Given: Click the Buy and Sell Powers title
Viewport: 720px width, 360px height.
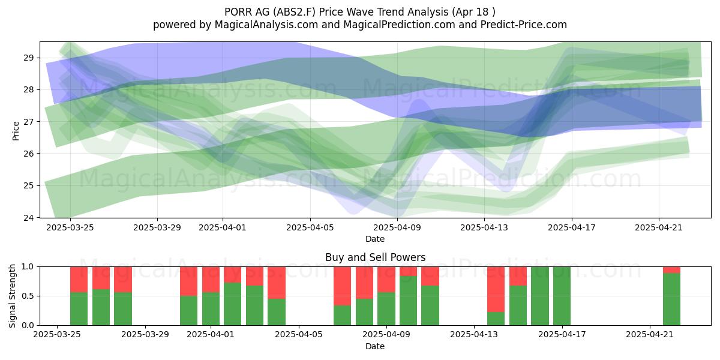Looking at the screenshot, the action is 375,257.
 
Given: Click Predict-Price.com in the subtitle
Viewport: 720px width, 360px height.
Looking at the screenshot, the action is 524,25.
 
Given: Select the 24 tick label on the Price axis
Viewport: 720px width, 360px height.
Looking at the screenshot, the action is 28,218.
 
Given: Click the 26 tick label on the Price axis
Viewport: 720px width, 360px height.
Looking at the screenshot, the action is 28,154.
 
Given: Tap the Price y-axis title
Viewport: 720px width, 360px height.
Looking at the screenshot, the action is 16,131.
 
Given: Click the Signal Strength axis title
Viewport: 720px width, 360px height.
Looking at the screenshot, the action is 12,296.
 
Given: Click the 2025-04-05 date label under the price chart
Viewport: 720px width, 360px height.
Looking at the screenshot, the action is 310,227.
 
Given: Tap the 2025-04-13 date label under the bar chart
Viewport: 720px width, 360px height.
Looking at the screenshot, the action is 474,334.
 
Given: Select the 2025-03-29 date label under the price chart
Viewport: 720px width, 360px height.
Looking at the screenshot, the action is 157,227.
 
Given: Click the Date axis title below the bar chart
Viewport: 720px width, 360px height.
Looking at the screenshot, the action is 375,346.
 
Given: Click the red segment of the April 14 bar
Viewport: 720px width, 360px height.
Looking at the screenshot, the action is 496,289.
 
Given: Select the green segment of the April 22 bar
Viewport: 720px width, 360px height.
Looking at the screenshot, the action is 672,299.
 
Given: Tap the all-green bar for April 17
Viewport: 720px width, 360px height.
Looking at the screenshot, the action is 562,296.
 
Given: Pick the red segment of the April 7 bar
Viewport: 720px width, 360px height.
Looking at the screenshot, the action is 343,286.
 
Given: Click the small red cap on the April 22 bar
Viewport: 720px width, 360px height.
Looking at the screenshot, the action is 672,270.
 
